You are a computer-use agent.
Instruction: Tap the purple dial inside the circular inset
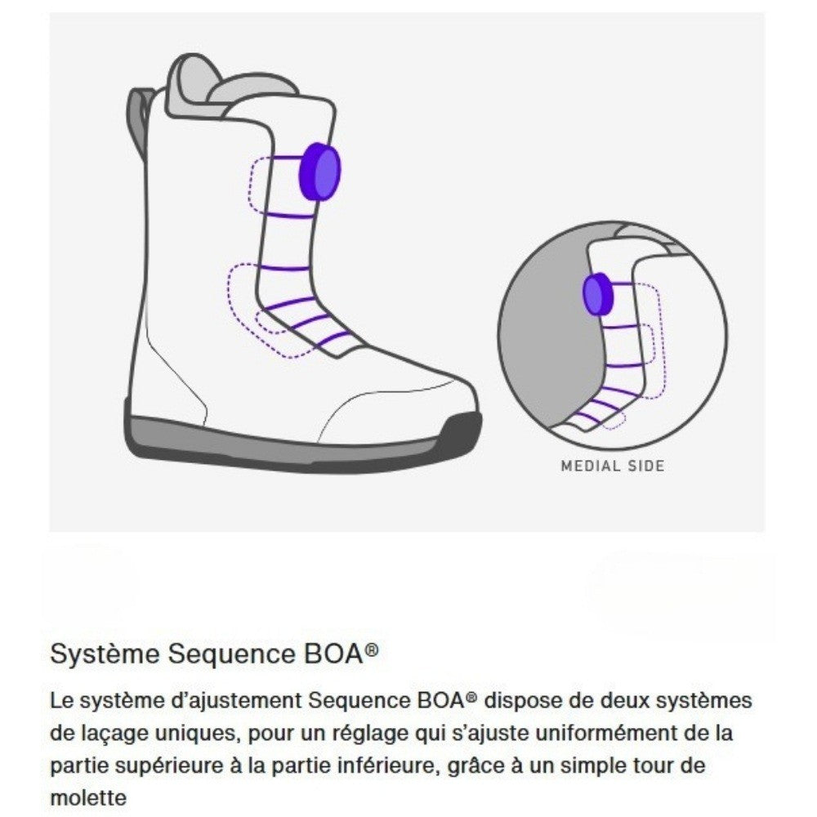point(597,294)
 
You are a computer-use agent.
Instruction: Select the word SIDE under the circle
point(645,467)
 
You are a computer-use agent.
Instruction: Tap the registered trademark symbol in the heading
point(373,650)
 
